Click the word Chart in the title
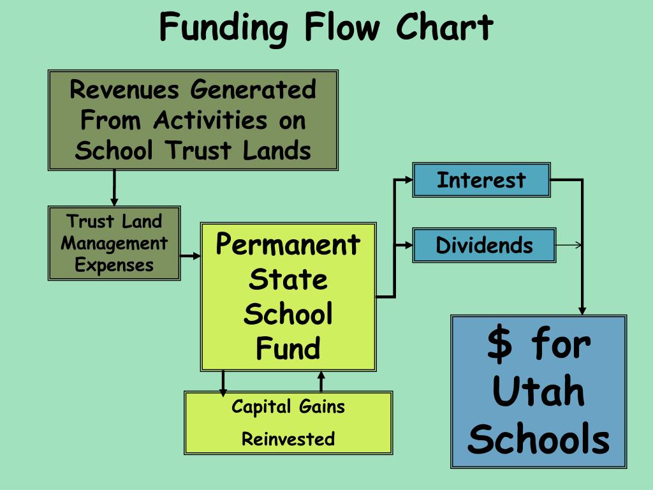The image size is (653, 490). pos(444,27)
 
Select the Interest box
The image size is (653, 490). pos(481,180)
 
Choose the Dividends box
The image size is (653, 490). pos(484,245)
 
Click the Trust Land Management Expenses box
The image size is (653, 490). pos(114,243)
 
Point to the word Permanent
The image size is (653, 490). pos(288,245)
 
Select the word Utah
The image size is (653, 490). pos(539,391)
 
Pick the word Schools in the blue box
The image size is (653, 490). pos(539,440)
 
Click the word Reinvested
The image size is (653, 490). pos(288,439)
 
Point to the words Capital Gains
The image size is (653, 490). pos(288,406)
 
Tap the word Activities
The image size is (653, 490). pos(210,120)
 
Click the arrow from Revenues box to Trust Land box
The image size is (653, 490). pos(114,189)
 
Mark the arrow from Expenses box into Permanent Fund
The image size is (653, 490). pos(191,256)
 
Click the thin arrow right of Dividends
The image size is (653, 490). pos(569,245)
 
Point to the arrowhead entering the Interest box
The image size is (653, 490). pos(409,180)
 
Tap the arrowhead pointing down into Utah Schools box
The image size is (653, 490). pos(582,309)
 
